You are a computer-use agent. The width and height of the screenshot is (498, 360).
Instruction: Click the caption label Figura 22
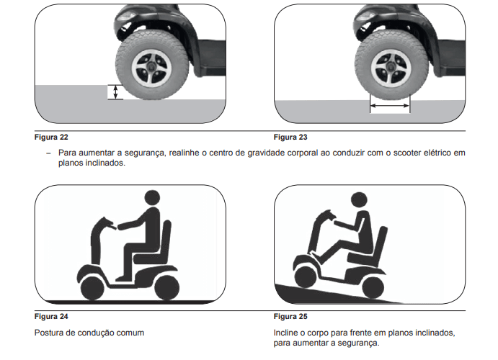pyautogui.click(x=51, y=136)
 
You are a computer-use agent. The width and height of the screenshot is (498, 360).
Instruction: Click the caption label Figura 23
pyautogui.click(x=291, y=136)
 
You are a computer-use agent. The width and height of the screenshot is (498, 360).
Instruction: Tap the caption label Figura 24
pyautogui.click(x=51, y=316)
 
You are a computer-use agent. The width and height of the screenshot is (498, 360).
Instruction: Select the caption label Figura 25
pyautogui.click(x=291, y=316)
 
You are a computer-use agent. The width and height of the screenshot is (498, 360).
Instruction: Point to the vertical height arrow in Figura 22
pyautogui.click(x=113, y=91)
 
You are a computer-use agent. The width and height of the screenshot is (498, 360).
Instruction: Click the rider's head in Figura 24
pyautogui.click(x=152, y=198)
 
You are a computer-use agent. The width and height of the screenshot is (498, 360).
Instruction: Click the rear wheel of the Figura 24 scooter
pyautogui.click(x=167, y=287)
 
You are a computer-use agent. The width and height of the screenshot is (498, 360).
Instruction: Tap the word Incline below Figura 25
pyautogui.click(x=288, y=333)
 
